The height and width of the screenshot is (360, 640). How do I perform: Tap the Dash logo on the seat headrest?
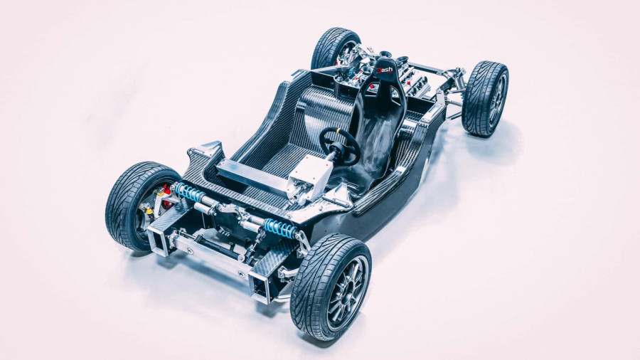click(384, 70)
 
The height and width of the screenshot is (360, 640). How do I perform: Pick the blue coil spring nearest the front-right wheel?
click(279, 228)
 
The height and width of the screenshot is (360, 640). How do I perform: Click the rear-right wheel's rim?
click(496, 100)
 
